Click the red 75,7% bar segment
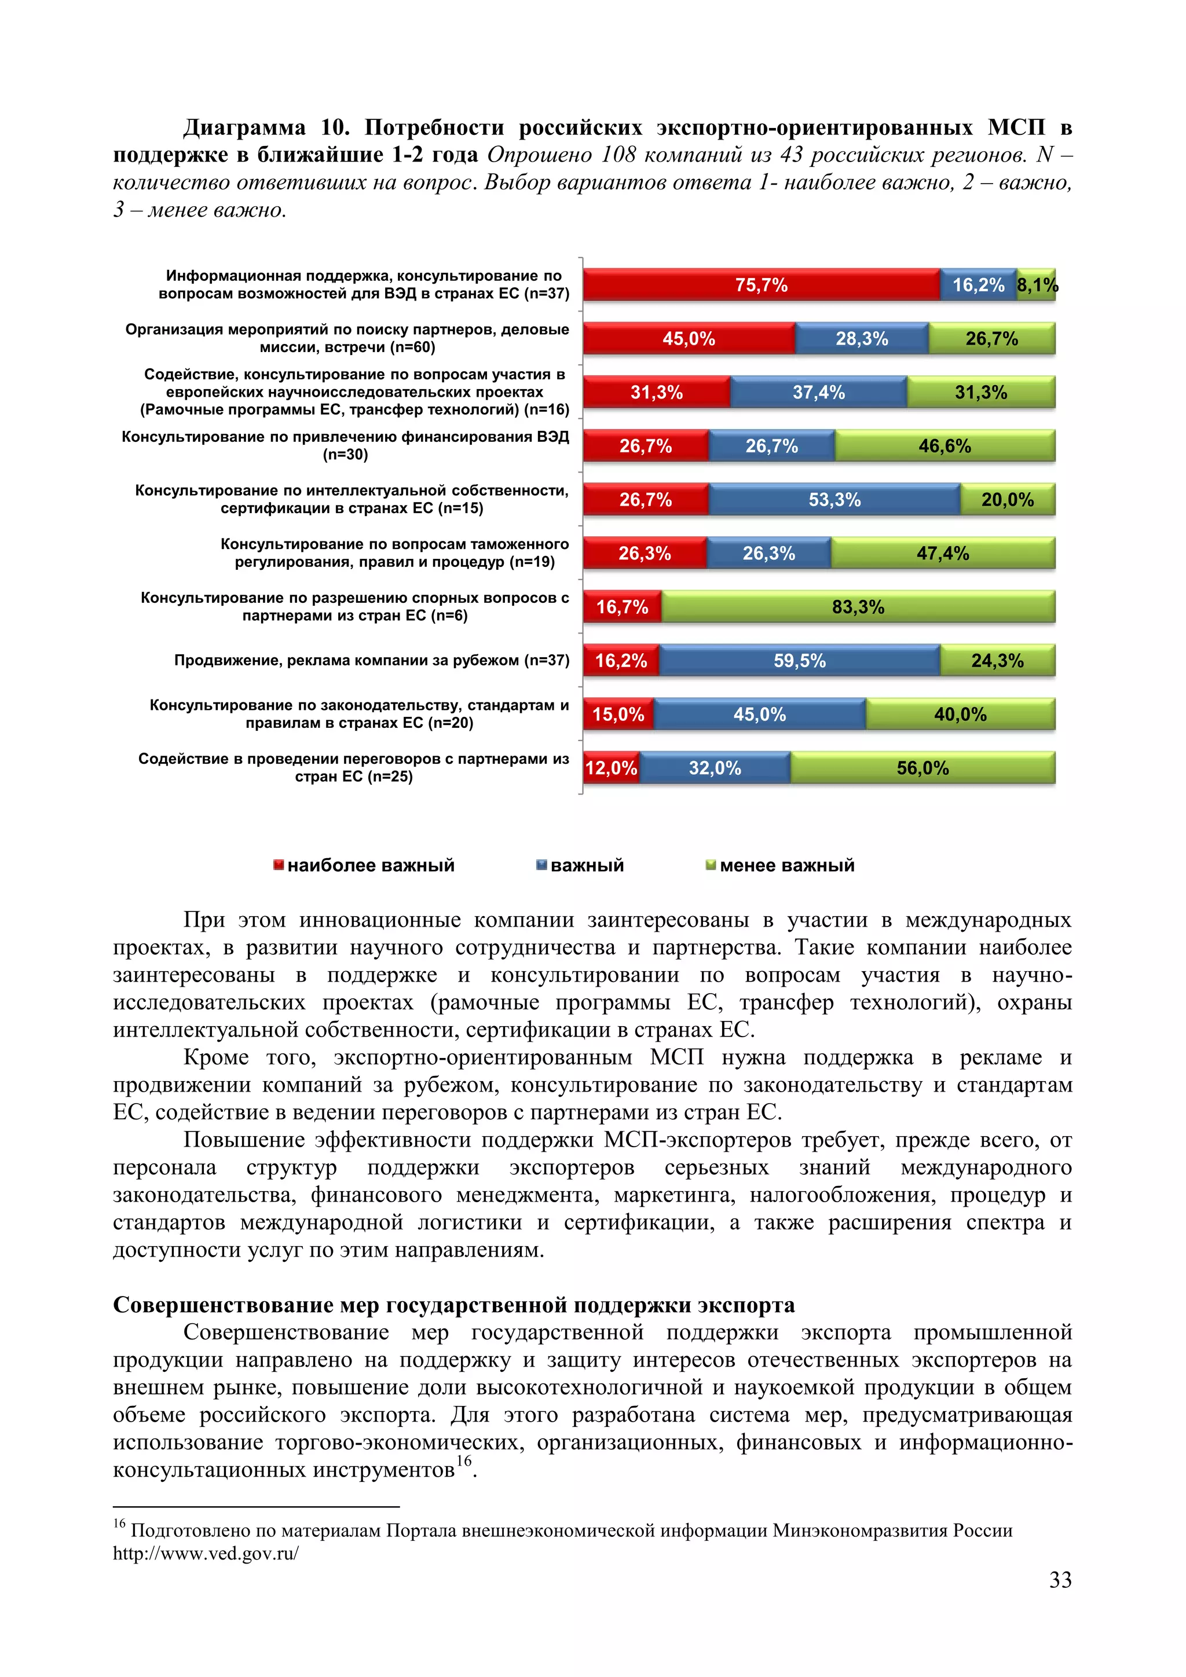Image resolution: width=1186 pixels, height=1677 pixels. click(761, 285)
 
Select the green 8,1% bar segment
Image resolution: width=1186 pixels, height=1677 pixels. click(1036, 285)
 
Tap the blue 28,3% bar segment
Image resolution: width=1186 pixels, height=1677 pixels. click(862, 339)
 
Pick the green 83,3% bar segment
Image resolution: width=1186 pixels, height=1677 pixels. click(858, 607)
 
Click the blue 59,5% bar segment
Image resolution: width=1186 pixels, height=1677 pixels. click(799, 661)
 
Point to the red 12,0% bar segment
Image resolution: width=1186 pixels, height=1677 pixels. click(612, 768)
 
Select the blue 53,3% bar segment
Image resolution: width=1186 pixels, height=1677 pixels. click(834, 500)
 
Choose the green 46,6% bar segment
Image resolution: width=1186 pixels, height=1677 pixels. click(945, 446)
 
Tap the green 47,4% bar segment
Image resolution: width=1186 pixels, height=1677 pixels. click(942, 554)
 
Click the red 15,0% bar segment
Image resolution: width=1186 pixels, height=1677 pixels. click(618, 715)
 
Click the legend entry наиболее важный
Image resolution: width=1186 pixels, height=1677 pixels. click(370, 866)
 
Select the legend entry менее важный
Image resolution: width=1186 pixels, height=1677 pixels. click(786, 866)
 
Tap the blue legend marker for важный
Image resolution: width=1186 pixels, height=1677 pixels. click(541, 866)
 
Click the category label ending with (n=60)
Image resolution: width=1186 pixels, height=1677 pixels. click(347, 338)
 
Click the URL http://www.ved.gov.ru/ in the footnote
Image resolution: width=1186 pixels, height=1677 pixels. click(205, 1554)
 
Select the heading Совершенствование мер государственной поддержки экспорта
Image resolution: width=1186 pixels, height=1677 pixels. click(453, 1305)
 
